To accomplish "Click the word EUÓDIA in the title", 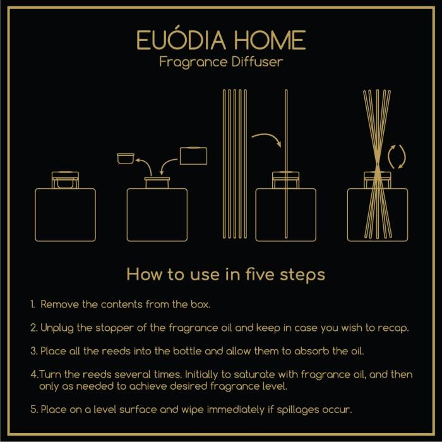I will pyautogui.click(x=178, y=41).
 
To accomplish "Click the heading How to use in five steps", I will pyautogui.click(x=225, y=274).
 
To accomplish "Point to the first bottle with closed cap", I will pyautogui.click(x=65, y=212).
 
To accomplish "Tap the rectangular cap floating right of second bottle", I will pyautogui.click(x=193, y=157).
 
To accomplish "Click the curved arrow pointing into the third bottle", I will pyautogui.click(x=267, y=138).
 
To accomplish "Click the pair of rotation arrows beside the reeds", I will pyautogui.click(x=397, y=157).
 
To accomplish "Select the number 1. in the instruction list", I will pyautogui.click(x=33, y=304).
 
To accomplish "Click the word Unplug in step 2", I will pyautogui.click(x=57, y=328).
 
